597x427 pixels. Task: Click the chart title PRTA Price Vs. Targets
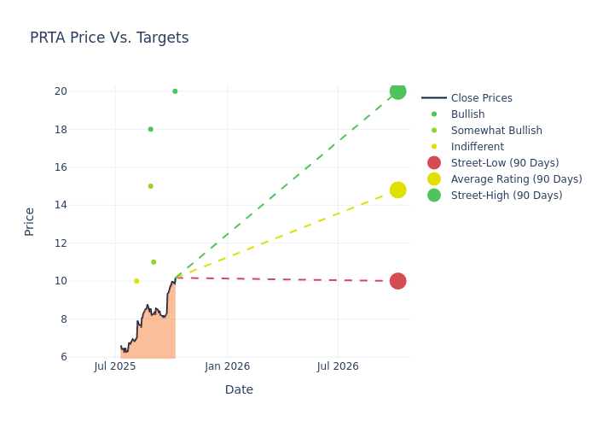[109, 38]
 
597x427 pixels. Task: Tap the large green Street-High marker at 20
[397, 91]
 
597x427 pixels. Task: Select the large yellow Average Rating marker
[397, 190]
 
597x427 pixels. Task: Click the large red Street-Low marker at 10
[397, 281]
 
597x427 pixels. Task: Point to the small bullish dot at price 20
[175, 91]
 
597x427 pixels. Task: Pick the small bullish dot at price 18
[151, 129]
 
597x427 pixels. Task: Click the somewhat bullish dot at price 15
[150, 186]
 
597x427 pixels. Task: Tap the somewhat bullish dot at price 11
[154, 262]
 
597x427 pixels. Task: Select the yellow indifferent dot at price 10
[136, 281]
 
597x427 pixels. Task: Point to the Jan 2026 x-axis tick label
[227, 366]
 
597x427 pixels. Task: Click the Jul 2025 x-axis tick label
[115, 366]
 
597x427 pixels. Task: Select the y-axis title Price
[30, 221]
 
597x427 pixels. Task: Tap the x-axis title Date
[239, 389]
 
